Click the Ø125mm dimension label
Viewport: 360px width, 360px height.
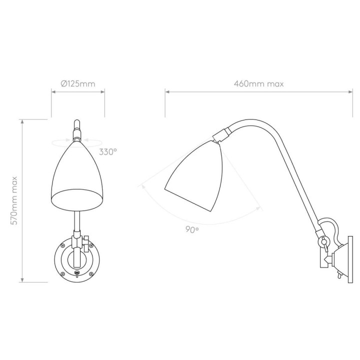78,84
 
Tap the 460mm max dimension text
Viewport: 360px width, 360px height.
259,84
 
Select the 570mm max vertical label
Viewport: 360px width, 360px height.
14,201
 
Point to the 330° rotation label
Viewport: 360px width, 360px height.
108,152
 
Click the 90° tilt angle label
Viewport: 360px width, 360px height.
192,229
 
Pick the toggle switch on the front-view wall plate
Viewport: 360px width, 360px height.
77,273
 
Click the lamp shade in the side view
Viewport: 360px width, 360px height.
193,175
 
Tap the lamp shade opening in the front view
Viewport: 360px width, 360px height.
76,199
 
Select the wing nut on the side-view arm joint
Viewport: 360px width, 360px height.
323,243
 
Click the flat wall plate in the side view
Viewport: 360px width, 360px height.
350,259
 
